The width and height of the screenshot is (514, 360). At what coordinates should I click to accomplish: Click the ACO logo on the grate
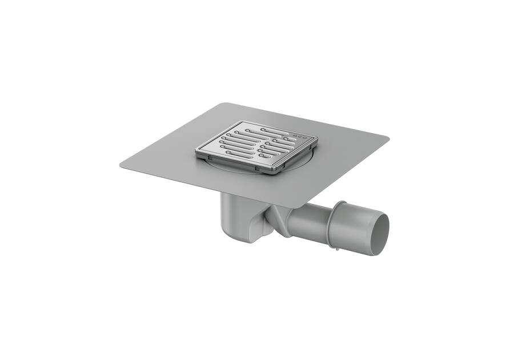[x=299, y=136]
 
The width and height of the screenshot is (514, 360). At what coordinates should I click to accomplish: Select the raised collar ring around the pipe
[x=338, y=223]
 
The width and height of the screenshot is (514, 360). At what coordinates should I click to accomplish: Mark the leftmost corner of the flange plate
[x=121, y=165]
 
